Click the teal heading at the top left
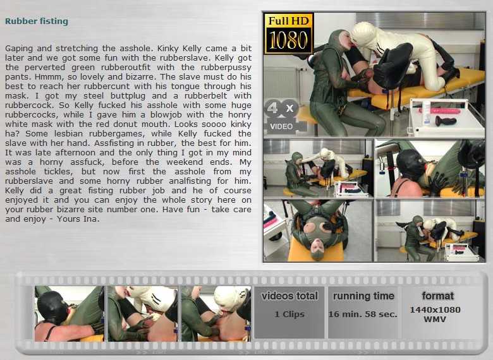pos(37,21)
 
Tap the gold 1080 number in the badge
pos(288,40)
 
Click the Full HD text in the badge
pos(289,21)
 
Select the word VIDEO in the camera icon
pos(281,126)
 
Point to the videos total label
pos(289,296)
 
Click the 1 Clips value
pos(289,315)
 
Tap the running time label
pos(363,296)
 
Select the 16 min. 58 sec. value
pos(363,315)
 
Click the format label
pos(437,296)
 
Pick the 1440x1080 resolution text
pos(435,310)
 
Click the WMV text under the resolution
pos(435,320)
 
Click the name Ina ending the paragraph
pos(91,219)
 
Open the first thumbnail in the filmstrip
pos(69,313)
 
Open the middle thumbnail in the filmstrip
pos(142,313)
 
